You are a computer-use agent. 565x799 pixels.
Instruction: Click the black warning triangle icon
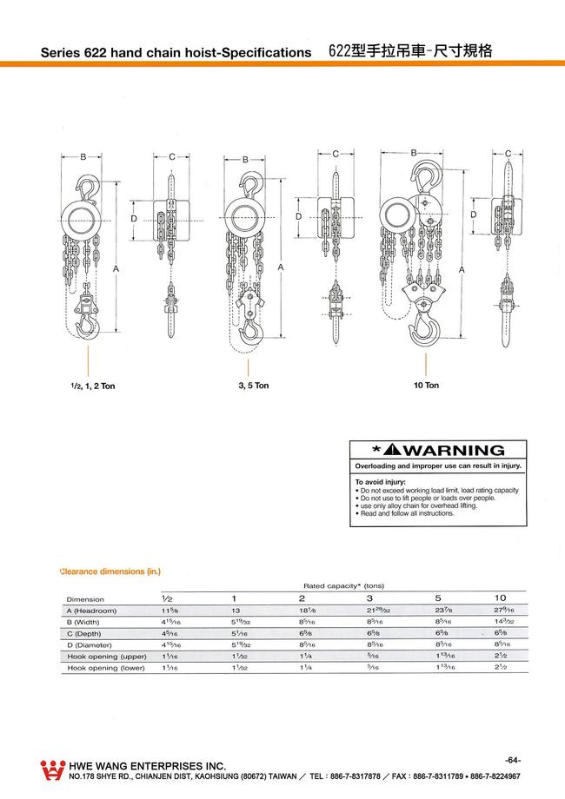(x=388, y=450)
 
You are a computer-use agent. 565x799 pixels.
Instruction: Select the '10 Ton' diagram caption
(x=426, y=385)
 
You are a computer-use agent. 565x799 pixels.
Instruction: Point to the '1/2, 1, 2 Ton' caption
(x=87, y=386)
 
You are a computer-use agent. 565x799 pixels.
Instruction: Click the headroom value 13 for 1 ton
(x=234, y=611)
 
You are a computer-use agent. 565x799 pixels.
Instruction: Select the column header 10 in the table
(x=500, y=598)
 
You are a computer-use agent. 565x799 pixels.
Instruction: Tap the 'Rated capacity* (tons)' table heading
(x=343, y=586)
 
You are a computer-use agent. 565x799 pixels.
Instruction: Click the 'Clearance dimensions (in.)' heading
(x=110, y=571)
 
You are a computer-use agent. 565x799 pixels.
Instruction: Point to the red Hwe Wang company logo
(x=53, y=769)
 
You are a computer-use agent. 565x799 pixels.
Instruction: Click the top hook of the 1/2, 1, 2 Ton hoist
(x=87, y=186)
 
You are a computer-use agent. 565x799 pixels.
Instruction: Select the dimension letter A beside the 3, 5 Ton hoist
(x=281, y=267)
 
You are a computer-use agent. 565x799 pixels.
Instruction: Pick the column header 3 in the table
(x=369, y=598)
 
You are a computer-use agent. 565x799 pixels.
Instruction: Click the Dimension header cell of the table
(x=85, y=599)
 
